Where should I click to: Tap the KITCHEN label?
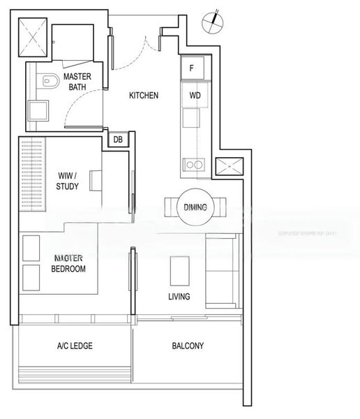[144, 96]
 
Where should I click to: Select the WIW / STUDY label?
[68, 181]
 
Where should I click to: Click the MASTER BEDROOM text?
[69, 263]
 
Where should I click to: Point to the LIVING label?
[179, 297]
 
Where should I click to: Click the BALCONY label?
[187, 346]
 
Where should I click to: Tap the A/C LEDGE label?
[75, 346]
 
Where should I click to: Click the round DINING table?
[195, 207]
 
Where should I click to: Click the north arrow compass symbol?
[212, 22]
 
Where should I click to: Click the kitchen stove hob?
[193, 165]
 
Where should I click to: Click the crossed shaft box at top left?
[33, 36]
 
